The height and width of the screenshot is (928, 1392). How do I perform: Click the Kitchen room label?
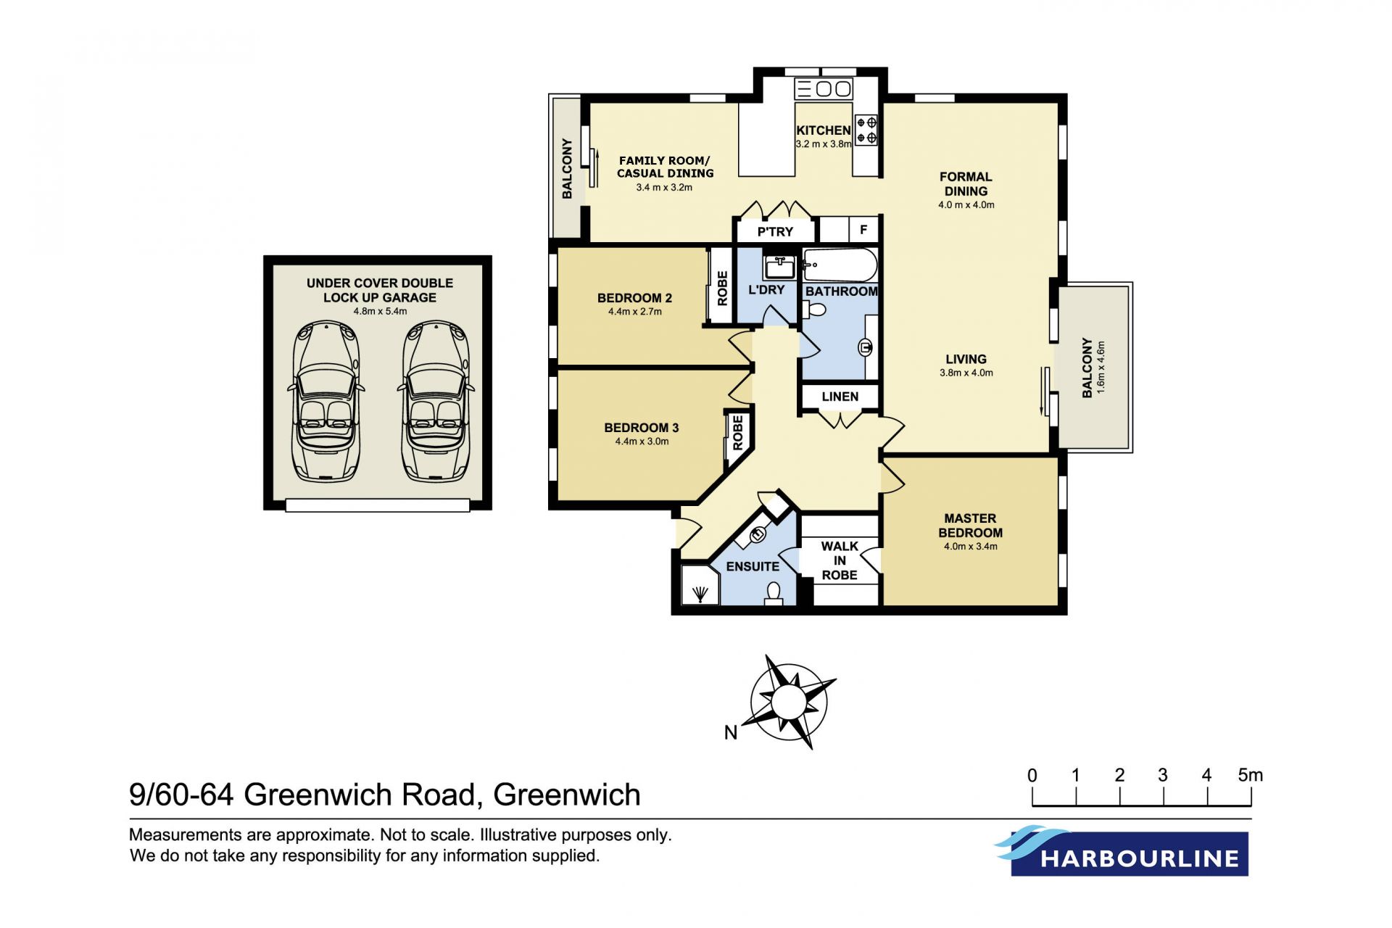click(x=824, y=130)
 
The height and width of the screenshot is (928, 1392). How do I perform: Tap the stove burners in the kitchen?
click(x=866, y=130)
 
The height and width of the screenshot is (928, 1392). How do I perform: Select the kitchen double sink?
click(x=824, y=88)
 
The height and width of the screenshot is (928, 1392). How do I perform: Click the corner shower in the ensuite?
click(x=700, y=584)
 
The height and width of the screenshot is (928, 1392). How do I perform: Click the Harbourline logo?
click(x=1122, y=851)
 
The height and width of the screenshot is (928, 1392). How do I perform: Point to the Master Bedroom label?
click(x=970, y=526)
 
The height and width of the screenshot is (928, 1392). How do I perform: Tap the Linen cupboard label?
click(x=840, y=397)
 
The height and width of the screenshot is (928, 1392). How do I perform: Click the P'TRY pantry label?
click(x=775, y=232)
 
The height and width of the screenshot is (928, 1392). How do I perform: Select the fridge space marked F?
click(x=863, y=230)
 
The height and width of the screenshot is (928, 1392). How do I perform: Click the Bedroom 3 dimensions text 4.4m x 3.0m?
click(x=642, y=442)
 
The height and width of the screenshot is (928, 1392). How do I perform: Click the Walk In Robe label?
click(x=840, y=560)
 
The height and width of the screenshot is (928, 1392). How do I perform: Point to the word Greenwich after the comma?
click(x=567, y=795)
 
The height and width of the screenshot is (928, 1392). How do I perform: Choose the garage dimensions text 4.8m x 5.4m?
click(x=380, y=312)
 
